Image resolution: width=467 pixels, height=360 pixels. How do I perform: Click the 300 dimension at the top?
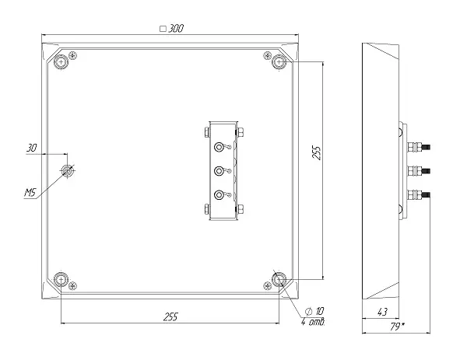pyautogui.click(x=176, y=29)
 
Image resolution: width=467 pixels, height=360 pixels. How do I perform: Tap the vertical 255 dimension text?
pyautogui.click(x=318, y=153)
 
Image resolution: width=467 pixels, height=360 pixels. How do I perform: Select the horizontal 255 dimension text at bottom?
pyautogui.click(x=171, y=317)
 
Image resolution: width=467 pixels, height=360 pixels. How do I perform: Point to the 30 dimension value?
pyautogui.click(x=32, y=148)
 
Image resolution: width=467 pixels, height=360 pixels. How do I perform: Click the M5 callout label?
pyautogui.click(x=30, y=193)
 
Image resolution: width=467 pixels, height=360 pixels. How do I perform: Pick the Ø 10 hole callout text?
pyautogui.click(x=314, y=311)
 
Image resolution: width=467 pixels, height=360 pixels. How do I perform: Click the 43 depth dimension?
pyautogui.click(x=382, y=312)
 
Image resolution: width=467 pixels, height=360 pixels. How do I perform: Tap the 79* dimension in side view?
pyautogui.click(x=397, y=327)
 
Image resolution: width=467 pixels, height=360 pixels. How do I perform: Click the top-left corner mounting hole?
pyautogui.click(x=61, y=62)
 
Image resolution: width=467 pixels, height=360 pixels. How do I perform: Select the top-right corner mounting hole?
pyautogui.click(x=279, y=62)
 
